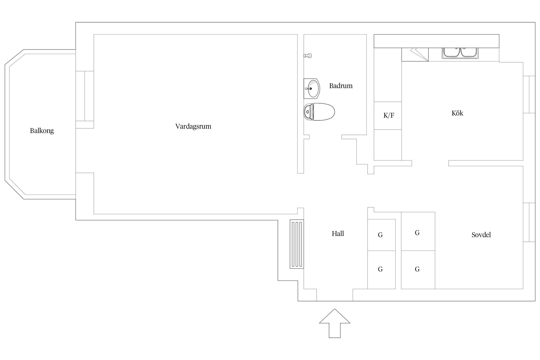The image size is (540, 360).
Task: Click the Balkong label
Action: [42, 131]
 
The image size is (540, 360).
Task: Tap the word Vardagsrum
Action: [193, 127]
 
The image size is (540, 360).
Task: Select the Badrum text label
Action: [341, 86]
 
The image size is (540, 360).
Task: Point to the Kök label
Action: [457, 113]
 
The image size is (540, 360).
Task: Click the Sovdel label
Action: [481, 235]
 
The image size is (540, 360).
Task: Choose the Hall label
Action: [338, 234]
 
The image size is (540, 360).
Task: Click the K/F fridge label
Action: [389, 115]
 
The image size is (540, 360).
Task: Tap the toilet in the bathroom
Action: [319, 112]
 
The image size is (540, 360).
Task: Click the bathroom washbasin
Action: [312, 89]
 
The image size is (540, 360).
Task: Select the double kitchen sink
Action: [460, 53]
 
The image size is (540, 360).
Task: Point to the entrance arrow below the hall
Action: [335, 323]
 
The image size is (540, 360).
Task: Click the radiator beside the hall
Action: [297, 244]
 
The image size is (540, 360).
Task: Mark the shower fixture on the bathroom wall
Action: [308, 56]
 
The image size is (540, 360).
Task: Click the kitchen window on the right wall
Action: [529, 94]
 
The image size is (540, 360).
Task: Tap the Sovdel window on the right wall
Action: [529, 222]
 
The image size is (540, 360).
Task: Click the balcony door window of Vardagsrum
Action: [85, 96]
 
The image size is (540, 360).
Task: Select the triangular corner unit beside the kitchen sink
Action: [419, 55]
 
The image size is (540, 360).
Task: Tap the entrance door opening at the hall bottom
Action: [335, 295]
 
